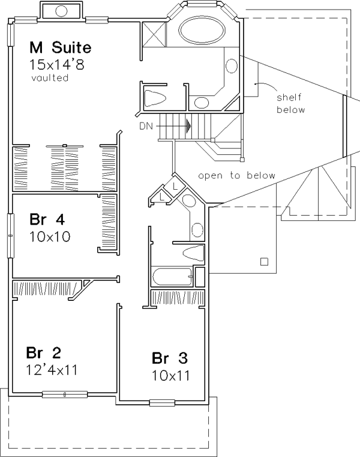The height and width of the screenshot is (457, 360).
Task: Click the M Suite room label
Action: coord(60,47)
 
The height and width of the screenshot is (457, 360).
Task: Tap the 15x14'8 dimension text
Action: coord(57,65)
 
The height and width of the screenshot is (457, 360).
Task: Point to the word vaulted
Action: coord(50,78)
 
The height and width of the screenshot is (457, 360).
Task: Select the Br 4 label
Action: coord(47,219)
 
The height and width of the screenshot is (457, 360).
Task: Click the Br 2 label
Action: coord(43,353)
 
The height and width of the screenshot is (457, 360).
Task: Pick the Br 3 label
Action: coord(170,358)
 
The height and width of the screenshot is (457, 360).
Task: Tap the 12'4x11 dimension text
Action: coord(52,370)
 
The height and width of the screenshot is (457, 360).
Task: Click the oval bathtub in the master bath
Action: coord(202,30)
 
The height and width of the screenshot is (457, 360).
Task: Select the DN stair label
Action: coord(146,126)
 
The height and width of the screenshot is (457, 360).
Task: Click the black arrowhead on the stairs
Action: coord(189,126)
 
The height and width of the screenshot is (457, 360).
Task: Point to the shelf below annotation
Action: coord(290,103)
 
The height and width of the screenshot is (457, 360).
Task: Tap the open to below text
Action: coord(236,175)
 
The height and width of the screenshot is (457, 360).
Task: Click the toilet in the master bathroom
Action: coord(155,97)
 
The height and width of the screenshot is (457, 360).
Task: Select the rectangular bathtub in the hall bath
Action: coord(172,276)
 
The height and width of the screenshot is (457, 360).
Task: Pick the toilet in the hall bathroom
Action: coord(193,253)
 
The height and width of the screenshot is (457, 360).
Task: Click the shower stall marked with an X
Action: coord(154,34)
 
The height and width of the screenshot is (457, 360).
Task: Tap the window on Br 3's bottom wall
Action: coord(162,403)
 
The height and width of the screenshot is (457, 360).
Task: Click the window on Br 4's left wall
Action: coord(11,235)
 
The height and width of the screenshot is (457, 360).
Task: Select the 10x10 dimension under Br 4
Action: coord(50,237)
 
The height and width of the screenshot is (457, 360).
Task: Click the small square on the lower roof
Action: coord(264,261)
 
